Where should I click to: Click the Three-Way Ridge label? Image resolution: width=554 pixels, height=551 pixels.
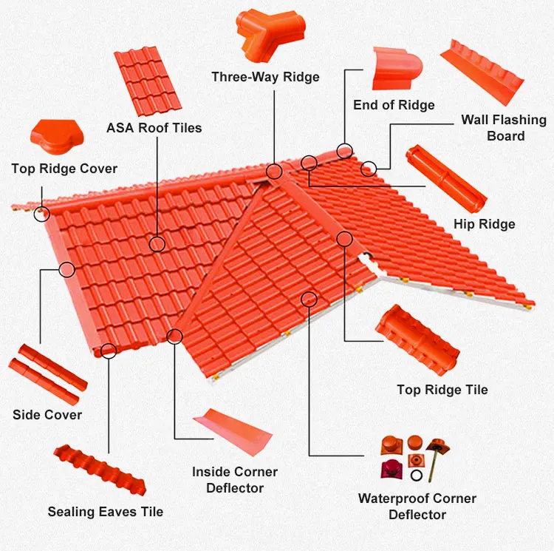(265, 77)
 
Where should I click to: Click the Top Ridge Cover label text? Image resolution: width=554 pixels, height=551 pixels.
(64, 169)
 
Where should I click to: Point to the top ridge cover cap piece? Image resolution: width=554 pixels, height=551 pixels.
(52, 138)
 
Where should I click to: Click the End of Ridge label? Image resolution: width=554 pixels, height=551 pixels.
(394, 105)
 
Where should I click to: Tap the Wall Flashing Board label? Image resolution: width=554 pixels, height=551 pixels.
(504, 127)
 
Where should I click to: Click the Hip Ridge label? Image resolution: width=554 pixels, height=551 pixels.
(485, 224)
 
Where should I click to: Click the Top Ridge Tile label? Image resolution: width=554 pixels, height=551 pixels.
(442, 390)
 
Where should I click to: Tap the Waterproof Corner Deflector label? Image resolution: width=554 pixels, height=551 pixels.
(417, 506)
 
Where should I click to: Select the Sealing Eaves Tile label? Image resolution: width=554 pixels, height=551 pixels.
(106, 511)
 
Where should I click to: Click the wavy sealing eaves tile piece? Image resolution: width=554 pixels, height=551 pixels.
(100, 469)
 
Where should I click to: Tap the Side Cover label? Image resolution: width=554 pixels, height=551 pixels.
(47, 415)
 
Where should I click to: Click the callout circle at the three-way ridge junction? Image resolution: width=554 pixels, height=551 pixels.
(275, 172)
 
